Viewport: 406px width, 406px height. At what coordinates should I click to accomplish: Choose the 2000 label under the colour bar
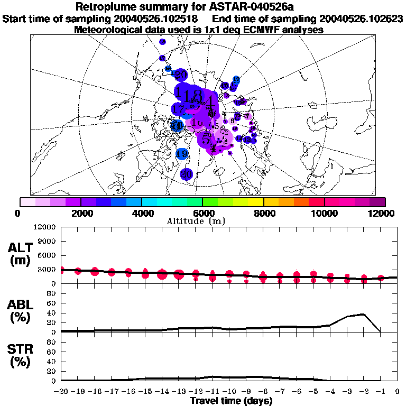[x=80, y=213]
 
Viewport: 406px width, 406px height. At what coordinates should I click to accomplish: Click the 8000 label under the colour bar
[x=263, y=213]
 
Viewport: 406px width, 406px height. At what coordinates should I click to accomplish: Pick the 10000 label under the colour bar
[x=325, y=213]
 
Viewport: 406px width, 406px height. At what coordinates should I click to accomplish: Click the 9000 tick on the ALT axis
[x=48, y=241]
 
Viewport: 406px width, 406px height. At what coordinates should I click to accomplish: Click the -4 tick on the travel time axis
[x=330, y=391]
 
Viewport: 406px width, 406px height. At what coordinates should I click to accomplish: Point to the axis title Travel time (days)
[x=231, y=401]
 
